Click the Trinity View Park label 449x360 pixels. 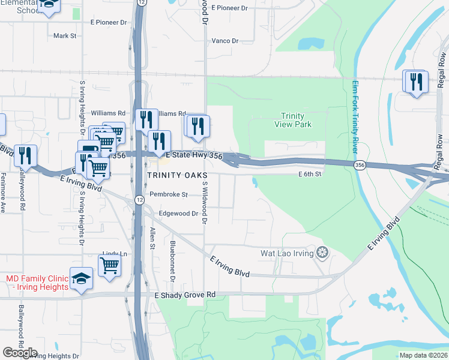[x=293, y=121]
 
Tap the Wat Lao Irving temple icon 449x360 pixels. [x=323, y=253]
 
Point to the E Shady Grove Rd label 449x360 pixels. [x=185, y=295]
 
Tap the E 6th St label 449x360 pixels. [x=310, y=174]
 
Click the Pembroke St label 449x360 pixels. [x=169, y=194]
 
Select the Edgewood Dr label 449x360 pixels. [x=178, y=214]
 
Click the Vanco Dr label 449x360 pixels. [x=225, y=41]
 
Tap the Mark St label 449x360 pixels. [x=65, y=36]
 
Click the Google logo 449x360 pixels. [x=20, y=353]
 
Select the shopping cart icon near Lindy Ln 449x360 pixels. [x=110, y=265]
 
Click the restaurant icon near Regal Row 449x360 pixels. [x=416, y=82]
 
